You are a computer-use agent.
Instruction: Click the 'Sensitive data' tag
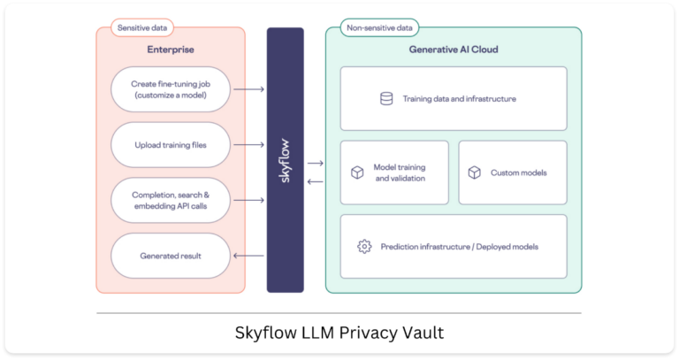(x=142, y=27)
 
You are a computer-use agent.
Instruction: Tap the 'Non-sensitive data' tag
(x=379, y=27)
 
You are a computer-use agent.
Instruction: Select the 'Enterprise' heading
(x=171, y=50)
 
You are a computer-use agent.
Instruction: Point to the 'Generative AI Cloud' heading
(x=454, y=50)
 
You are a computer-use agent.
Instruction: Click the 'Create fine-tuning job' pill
(x=171, y=89)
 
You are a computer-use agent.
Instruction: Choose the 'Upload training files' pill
(x=171, y=145)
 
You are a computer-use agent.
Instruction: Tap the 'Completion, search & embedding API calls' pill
(x=171, y=200)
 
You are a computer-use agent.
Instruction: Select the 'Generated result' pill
(x=171, y=256)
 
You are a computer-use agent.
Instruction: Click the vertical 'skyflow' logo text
(x=285, y=161)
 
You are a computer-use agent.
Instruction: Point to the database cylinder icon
(x=386, y=99)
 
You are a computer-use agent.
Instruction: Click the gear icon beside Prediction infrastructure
(x=364, y=247)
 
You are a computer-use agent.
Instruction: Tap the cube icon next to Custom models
(x=474, y=172)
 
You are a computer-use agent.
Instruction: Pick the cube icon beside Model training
(x=357, y=172)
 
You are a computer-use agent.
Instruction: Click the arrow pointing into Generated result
(x=248, y=256)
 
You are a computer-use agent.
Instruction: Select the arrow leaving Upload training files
(x=249, y=145)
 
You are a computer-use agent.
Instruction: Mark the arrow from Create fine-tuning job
(x=249, y=89)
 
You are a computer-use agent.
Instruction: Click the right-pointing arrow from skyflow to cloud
(x=316, y=164)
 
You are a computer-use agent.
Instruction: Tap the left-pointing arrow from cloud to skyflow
(x=316, y=181)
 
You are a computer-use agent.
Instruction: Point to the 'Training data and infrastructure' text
(x=460, y=99)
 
